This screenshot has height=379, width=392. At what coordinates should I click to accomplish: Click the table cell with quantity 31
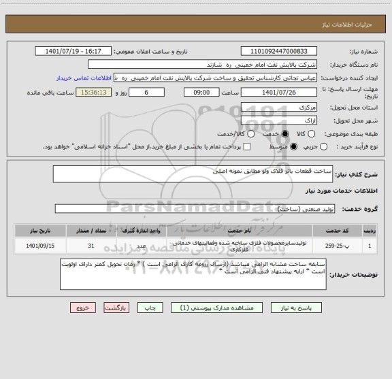point(91,246)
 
